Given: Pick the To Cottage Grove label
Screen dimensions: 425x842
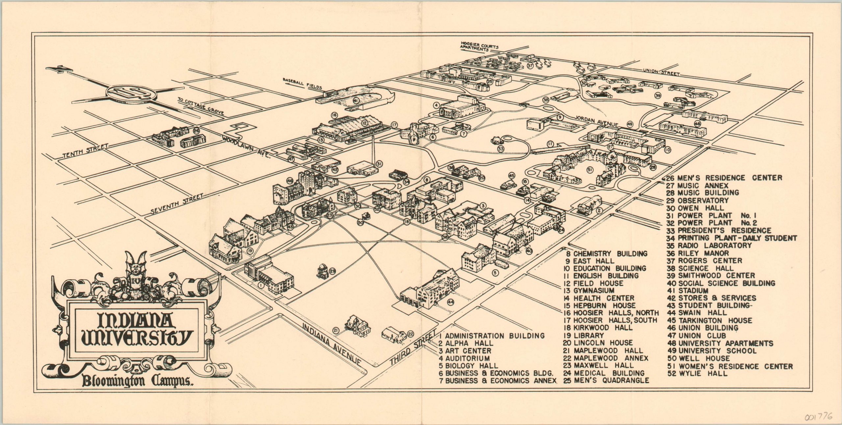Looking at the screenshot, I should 201,106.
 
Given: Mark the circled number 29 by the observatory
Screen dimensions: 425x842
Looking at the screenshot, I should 333,271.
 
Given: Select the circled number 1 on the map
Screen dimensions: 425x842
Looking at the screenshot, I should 260,286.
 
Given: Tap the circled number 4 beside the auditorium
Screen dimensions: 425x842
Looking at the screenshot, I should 436,106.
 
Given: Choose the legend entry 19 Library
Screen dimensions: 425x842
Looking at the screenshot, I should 584,336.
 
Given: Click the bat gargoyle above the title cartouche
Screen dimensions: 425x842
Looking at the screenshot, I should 135,270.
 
